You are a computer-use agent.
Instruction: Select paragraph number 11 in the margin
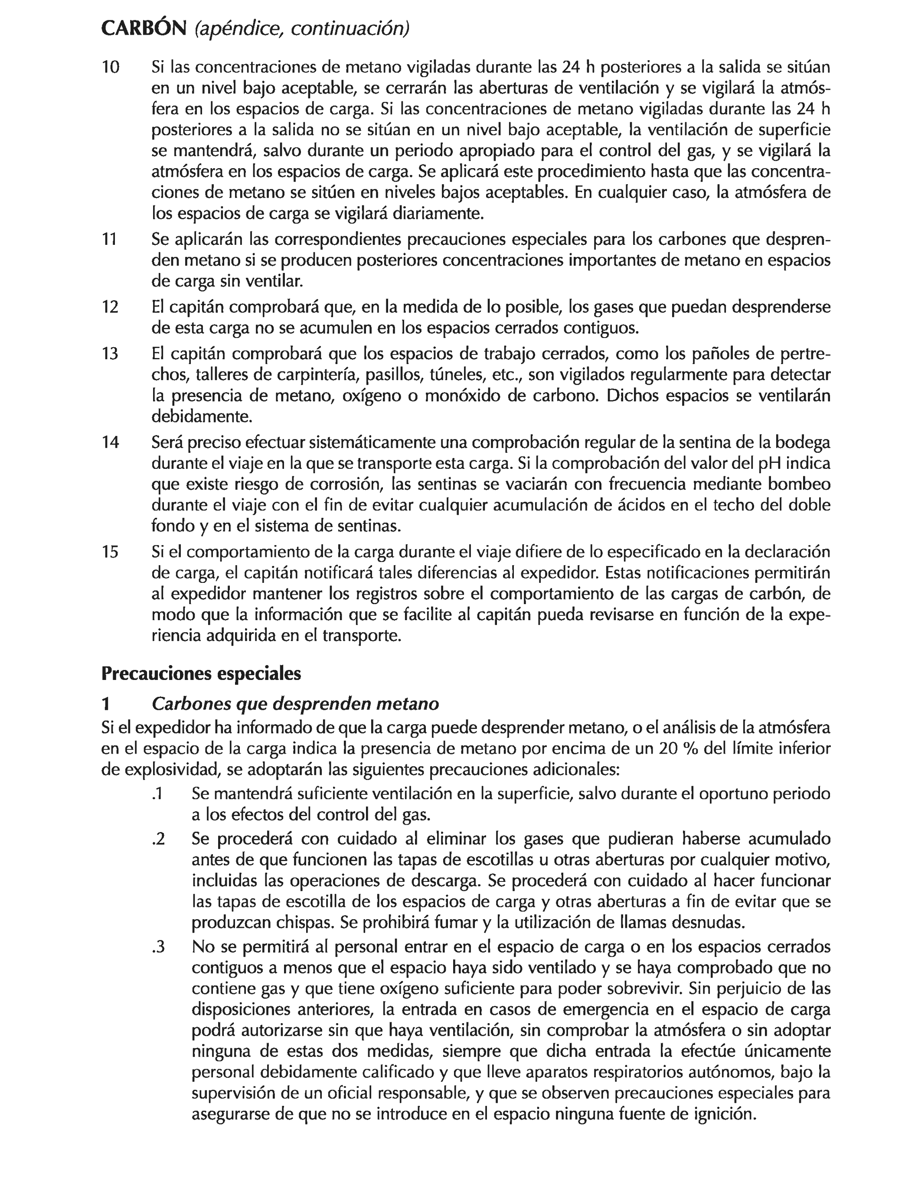(109, 240)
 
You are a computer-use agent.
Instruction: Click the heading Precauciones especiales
(201, 673)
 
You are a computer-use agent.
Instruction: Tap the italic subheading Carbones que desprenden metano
(295, 704)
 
